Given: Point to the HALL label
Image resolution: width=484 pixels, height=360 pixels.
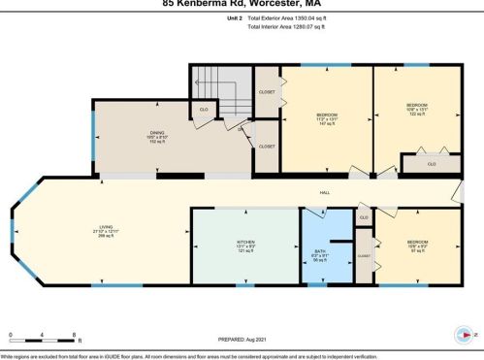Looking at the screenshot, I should point(326,192).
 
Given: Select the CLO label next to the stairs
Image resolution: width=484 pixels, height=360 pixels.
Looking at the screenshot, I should point(204,110).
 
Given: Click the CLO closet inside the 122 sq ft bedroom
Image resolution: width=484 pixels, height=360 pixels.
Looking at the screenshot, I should point(432,164).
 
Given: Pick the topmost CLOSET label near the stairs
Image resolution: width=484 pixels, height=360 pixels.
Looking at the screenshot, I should point(268,92).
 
